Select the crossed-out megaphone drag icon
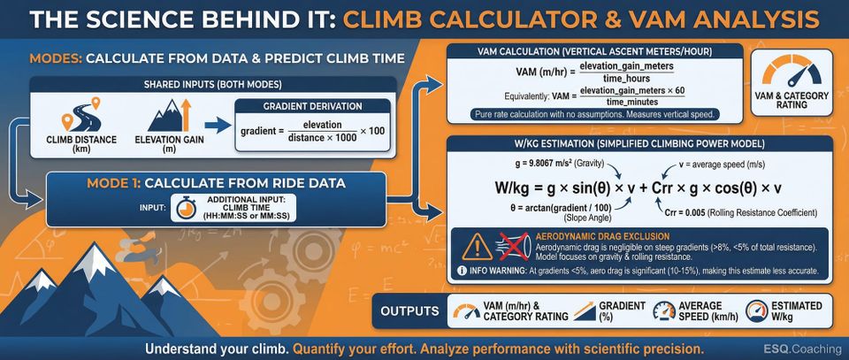pos(516,246)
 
